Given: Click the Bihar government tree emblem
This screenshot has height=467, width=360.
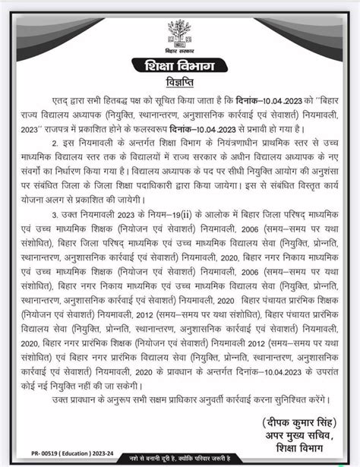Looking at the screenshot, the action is [180, 33].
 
